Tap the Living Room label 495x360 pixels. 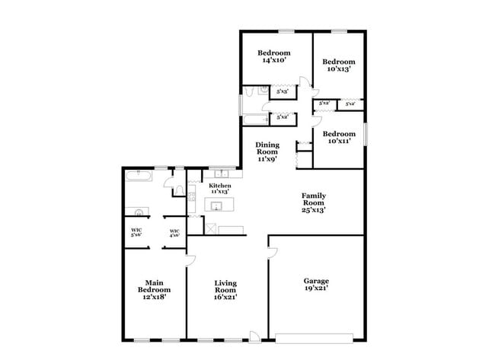[x=225, y=289]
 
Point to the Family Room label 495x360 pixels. [x=313, y=202]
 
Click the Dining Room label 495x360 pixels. [x=267, y=152]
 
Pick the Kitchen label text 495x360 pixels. [x=220, y=188]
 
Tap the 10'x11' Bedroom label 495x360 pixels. [x=338, y=138]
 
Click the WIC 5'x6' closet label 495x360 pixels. [x=136, y=233]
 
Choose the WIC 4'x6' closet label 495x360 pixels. [x=174, y=234]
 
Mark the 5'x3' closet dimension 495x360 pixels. [x=282, y=92]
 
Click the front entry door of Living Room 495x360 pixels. [x=254, y=336]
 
